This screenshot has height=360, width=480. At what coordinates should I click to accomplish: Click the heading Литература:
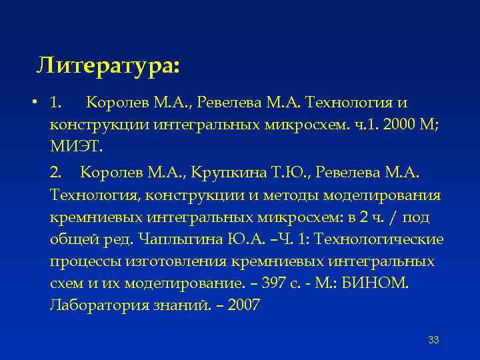(108, 65)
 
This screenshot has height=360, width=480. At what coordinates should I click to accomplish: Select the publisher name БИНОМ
(382, 283)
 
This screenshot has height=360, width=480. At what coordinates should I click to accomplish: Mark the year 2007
(244, 305)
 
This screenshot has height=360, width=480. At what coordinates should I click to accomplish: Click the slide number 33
(433, 341)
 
